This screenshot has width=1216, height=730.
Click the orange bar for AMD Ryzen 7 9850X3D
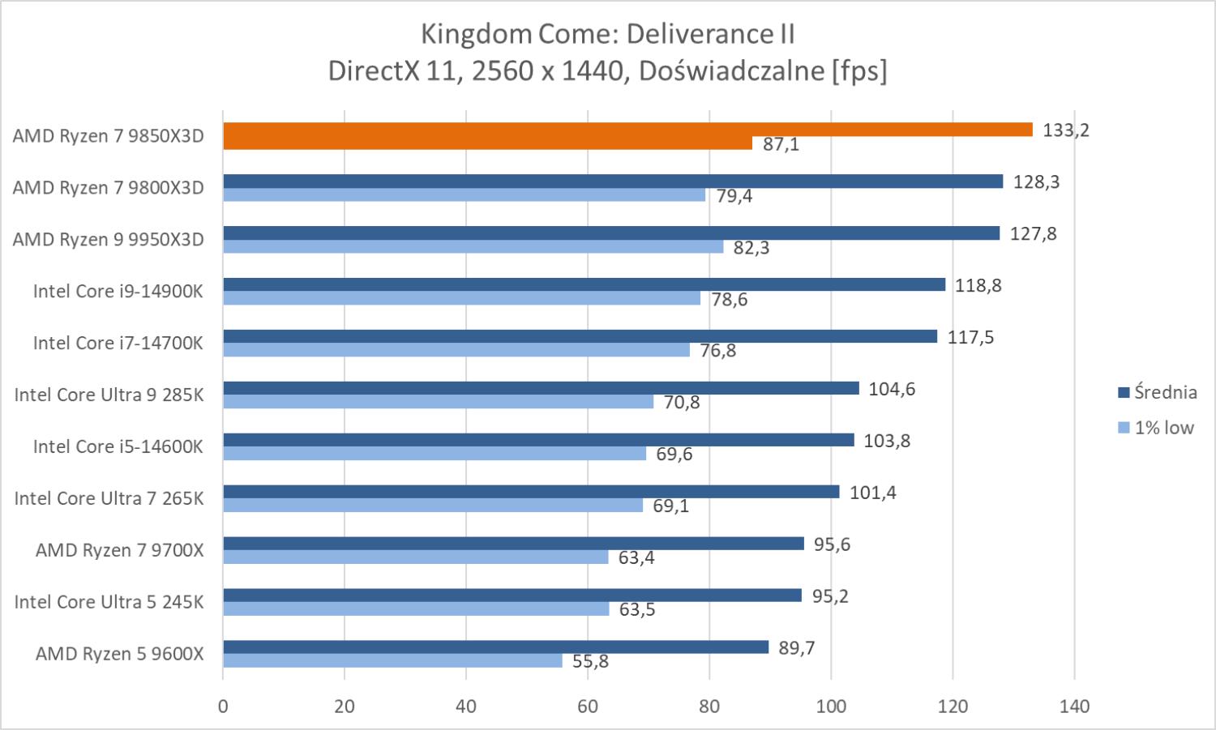tap(627, 130)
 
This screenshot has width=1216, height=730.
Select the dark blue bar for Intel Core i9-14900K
tap(584, 284)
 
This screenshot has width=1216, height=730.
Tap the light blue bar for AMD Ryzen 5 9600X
tap(392, 660)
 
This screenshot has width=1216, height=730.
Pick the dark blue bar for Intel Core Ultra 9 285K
tap(541, 388)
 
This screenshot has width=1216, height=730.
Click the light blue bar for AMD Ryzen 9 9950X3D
tap(473, 246)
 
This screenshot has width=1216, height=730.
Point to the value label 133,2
tap(1066, 130)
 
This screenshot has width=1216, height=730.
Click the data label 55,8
tap(590, 661)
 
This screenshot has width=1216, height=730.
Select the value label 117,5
tap(970, 337)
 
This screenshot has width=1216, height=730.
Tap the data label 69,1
tap(670, 506)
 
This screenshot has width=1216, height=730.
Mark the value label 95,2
tap(829, 596)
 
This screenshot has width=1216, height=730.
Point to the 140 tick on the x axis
tap(1074, 707)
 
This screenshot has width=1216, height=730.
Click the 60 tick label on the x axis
tap(588, 707)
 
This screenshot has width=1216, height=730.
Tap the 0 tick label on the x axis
tap(223, 707)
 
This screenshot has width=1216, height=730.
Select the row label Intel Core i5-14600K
tap(118, 446)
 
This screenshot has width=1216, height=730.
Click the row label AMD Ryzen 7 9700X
tap(120, 550)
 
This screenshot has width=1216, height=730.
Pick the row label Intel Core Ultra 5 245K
tap(109, 602)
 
